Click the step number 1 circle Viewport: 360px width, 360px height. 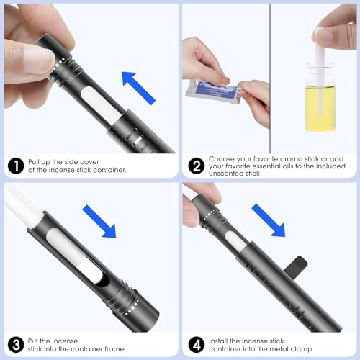16,166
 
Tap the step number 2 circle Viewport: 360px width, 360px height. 197,166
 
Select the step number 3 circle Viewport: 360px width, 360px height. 16,345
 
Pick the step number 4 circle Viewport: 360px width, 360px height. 197,345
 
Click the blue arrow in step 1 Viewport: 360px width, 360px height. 138,88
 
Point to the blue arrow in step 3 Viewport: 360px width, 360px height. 99,221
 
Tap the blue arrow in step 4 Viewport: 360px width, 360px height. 269,220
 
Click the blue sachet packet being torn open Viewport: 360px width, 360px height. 214,91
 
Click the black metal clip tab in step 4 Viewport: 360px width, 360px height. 296,266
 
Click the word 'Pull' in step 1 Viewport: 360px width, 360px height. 34,162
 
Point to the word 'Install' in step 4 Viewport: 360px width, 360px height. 218,341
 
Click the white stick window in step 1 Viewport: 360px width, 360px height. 101,105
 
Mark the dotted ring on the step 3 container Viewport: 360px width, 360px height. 132,307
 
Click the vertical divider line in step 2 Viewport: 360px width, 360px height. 270,78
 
